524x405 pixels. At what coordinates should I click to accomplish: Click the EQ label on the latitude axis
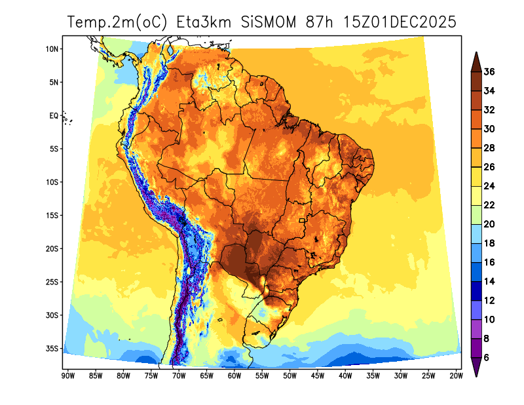coord(54,116)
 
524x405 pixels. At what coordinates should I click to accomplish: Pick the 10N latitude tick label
coord(52,49)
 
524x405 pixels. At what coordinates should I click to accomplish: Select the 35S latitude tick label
coord(52,349)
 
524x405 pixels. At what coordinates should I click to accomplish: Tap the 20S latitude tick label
coord(52,249)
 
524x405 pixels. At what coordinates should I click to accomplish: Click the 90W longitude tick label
coord(67,376)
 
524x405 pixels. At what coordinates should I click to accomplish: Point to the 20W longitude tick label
coord(457,376)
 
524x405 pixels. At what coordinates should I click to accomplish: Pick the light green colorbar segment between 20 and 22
coord(477,215)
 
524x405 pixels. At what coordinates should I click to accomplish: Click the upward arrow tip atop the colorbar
coord(477,53)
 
